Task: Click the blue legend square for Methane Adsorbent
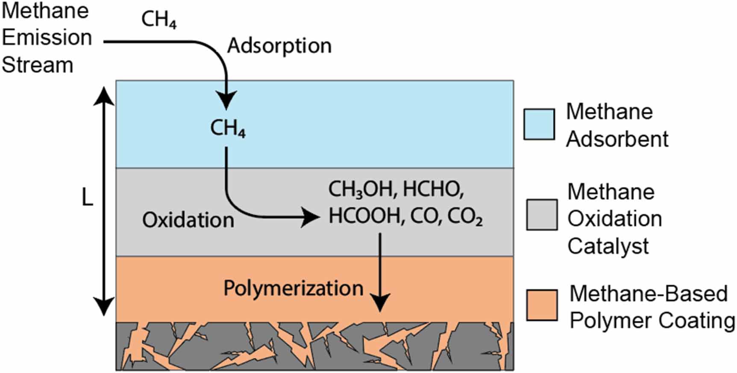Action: tap(539, 124)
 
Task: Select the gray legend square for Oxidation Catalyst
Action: tap(541, 215)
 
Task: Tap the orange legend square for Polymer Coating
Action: tap(541, 305)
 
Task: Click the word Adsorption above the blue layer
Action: tap(279, 46)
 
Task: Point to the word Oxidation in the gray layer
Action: tap(188, 220)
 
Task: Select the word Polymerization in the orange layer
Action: tap(293, 288)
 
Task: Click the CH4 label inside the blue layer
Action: tap(227, 128)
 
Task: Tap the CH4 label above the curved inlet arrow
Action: tap(159, 20)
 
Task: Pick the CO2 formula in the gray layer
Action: tap(465, 216)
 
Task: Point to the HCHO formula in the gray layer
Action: tap(433, 189)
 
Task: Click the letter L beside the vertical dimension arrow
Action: tap(87, 198)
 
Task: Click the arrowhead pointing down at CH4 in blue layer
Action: tap(226, 101)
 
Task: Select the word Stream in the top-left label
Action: tap(38, 65)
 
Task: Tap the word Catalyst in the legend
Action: tap(608, 246)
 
